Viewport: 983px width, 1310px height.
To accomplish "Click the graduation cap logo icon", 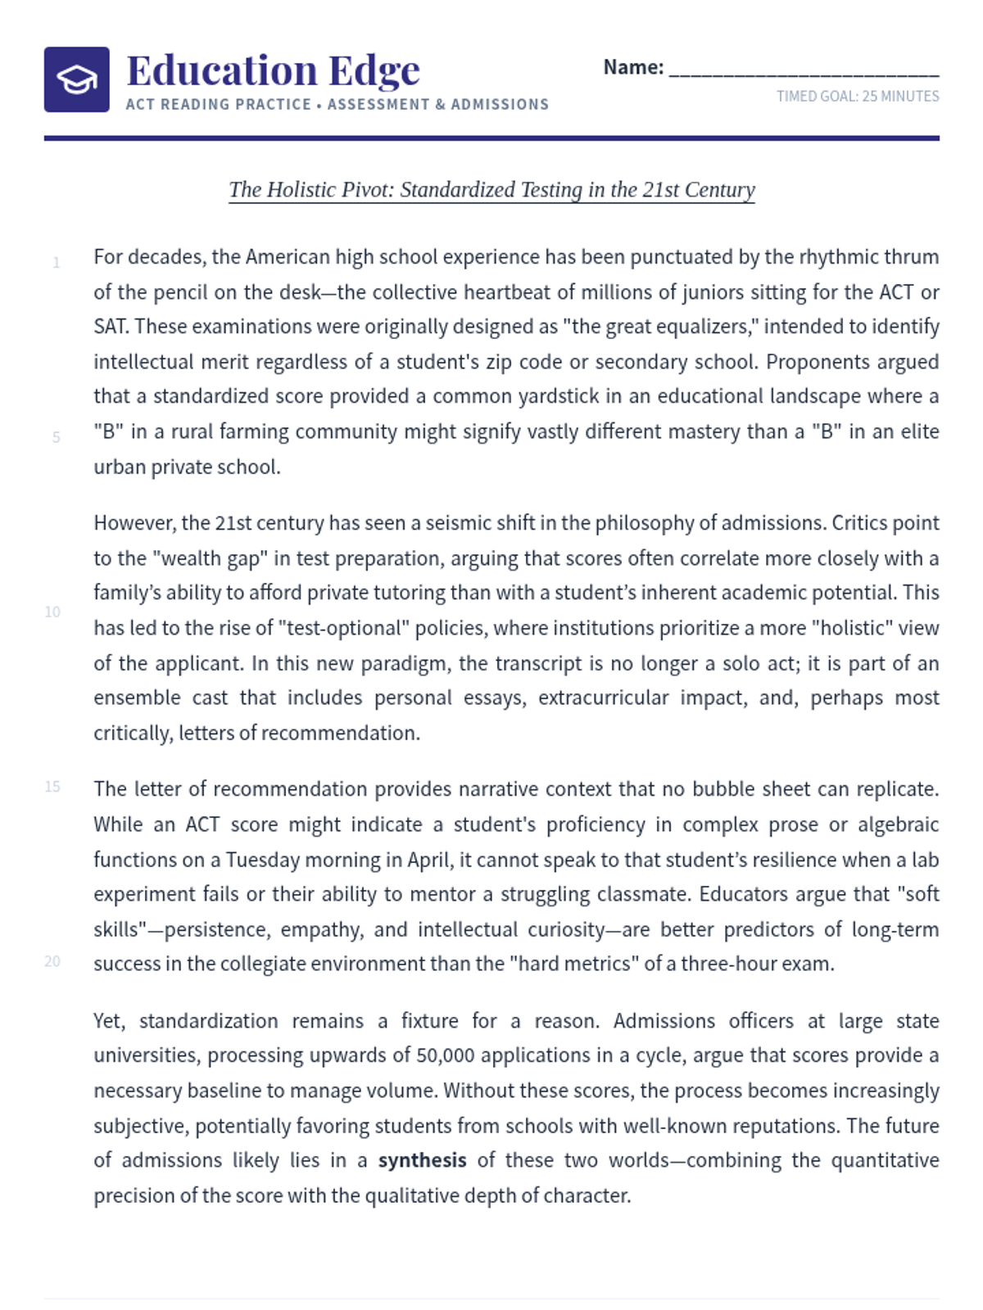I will [x=76, y=79].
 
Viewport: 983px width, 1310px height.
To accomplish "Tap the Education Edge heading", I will [x=273, y=70].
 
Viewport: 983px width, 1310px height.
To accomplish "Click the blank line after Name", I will [x=804, y=69].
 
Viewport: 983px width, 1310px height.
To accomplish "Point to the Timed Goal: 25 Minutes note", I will [x=858, y=97].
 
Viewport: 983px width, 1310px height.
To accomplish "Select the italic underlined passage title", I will [x=491, y=190].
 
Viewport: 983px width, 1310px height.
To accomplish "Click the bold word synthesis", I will [x=422, y=1160].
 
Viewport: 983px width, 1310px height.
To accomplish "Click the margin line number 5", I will [x=57, y=437].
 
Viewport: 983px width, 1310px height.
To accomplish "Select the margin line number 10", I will [x=52, y=612].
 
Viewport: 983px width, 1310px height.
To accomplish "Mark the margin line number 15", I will [x=52, y=787].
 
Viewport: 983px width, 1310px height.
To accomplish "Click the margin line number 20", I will [x=52, y=961].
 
